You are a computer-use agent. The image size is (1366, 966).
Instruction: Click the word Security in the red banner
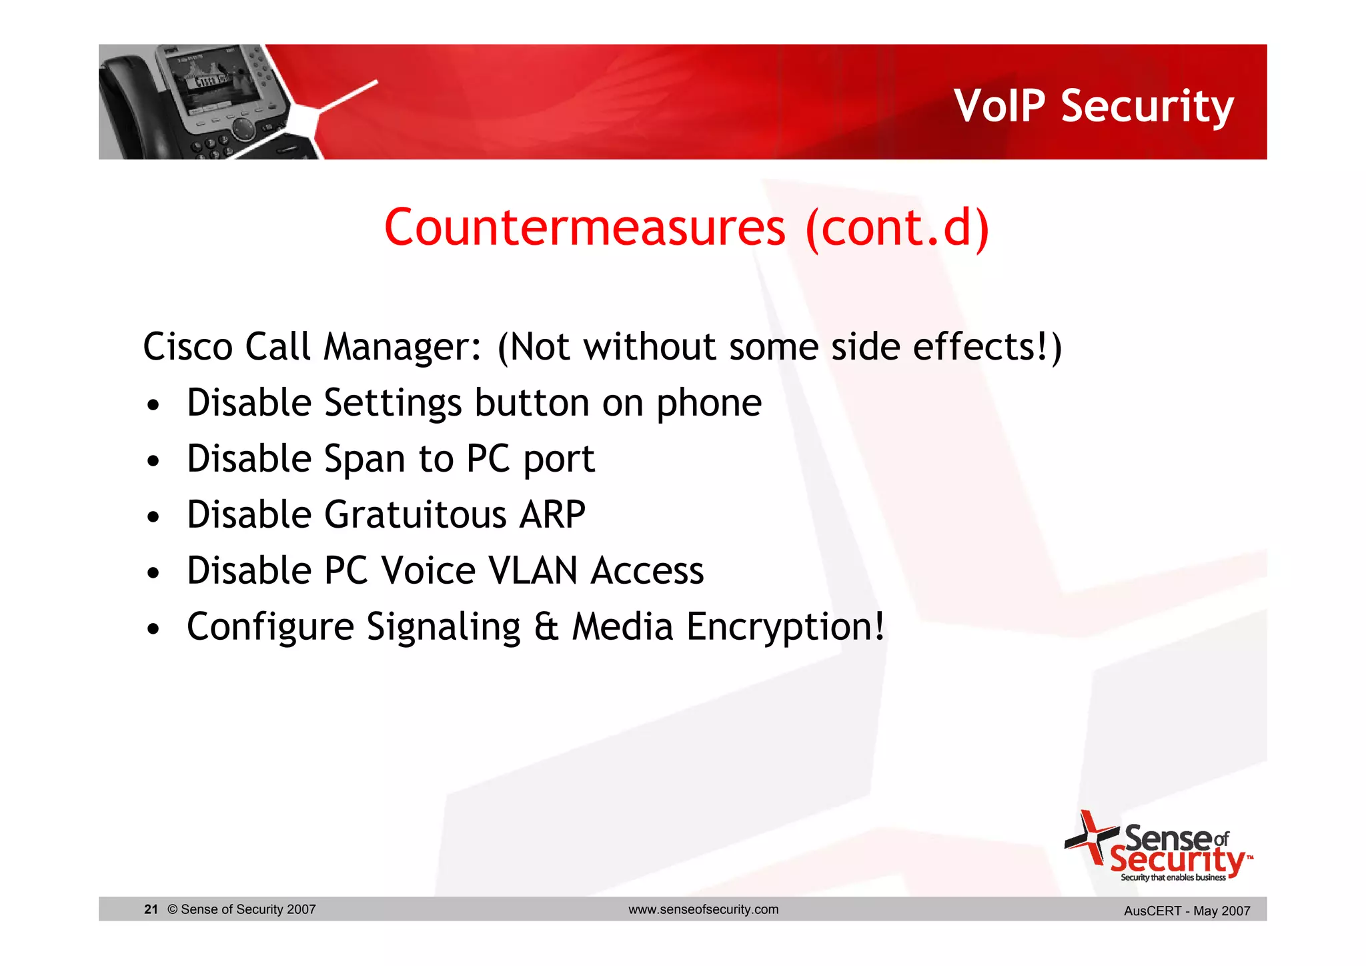pyautogui.click(x=1147, y=107)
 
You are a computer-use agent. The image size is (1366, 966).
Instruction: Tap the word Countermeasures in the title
pyautogui.click(x=585, y=228)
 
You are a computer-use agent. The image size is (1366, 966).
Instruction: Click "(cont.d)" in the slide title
pyautogui.click(x=897, y=228)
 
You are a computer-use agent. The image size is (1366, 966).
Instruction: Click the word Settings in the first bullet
pyautogui.click(x=392, y=404)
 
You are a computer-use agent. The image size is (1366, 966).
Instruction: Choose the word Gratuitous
pyautogui.click(x=416, y=516)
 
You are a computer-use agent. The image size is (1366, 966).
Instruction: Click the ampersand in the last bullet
pyautogui.click(x=546, y=628)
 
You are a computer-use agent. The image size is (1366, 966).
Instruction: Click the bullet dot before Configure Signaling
pyautogui.click(x=154, y=629)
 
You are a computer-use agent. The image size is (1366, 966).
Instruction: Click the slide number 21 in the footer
pyautogui.click(x=151, y=909)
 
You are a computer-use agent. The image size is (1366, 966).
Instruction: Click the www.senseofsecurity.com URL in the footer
pyautogui.click(x=703, y=909)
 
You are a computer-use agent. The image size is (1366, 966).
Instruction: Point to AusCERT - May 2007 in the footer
pyautogui.click(x=1187, y=911)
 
